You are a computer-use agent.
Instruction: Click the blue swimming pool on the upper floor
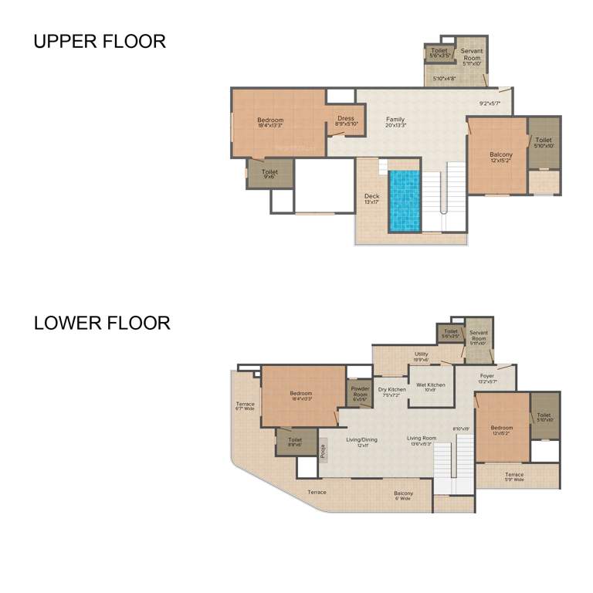click(x=405, y=200)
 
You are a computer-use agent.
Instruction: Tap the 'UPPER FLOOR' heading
click(x=100, y=42)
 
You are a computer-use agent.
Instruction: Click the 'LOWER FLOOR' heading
click(x=102, y=323)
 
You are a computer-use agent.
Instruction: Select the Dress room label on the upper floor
click(x=346, y=121)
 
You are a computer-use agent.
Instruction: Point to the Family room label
click(x=395, y=122)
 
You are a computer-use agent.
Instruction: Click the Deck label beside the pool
click(x=371, y=199)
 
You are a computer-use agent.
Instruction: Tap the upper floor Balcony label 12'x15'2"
click(x=500, y=158)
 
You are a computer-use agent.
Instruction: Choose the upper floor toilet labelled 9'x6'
click(x=269, y=175)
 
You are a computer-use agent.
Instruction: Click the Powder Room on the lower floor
click(x=361, y=392)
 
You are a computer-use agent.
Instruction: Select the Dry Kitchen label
click(x=391, y=392)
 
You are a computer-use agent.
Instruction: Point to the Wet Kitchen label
click(x=430, y=387)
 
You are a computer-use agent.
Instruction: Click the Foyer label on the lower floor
click(x=486, y=378)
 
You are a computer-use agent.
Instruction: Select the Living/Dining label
click(x=362, y=442)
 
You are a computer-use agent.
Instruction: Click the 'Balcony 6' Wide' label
click(x=403, y=496)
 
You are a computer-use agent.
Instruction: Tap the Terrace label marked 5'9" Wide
click(x=514, y=477)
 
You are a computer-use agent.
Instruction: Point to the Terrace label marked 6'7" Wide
click(x=245, y=406)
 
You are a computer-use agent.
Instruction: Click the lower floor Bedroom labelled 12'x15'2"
click(x=501, y=430)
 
